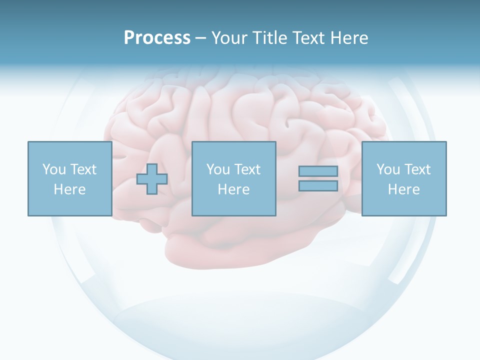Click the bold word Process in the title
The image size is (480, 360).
(x=157, y=38)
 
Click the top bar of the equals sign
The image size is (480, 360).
(x=318, y=171)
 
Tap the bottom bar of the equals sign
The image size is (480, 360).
(x=318, y=185)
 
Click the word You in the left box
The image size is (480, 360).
(x=54, y=169)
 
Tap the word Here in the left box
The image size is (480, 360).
(x=69, y=189)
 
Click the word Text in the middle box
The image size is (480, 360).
(x=247, y=169)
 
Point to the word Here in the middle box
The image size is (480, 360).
(x=233, y=189)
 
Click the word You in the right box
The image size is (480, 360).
(x=388, y=169)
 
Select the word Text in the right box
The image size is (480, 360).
(x=417, y=169)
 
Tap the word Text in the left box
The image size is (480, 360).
(x=83, y=169)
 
